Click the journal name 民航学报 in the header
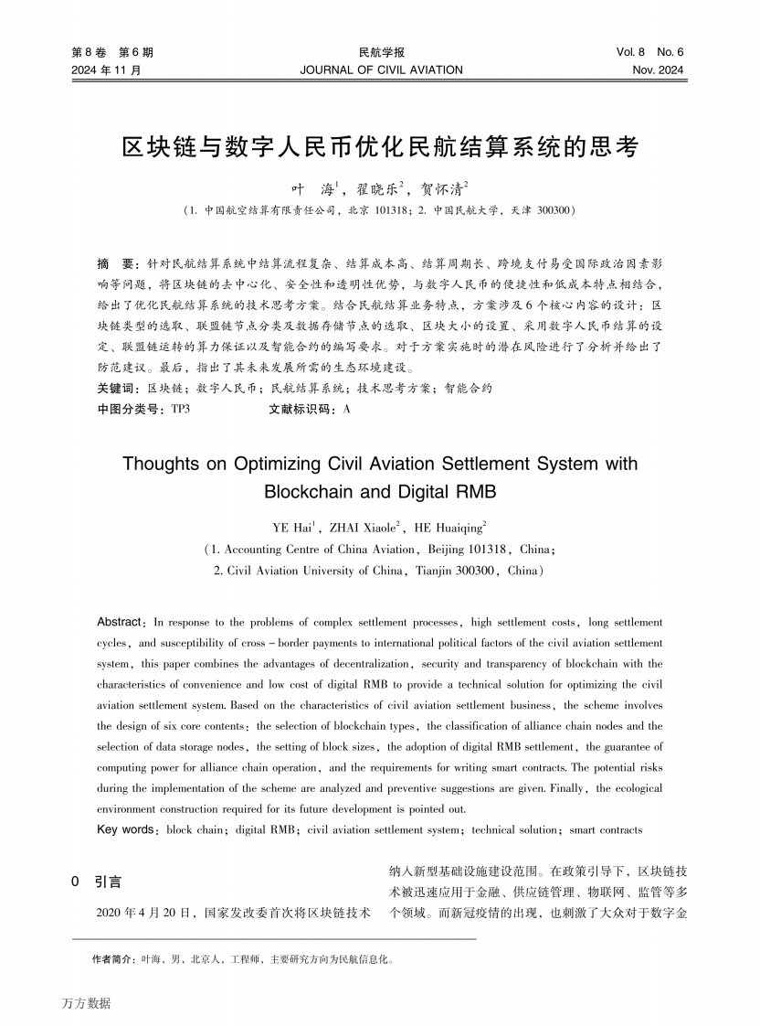tap(381, 53)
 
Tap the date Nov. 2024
tap(657, 69)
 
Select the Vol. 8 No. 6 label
tap(649, 53)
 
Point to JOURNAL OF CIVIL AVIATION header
tap(381, 69)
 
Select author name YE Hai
tap(292, 528)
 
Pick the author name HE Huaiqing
tap(449, 528)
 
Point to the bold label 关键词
tap(116, 388)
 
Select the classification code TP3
tap(180, 410)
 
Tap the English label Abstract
tap(120, 622)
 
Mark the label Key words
tap(126, 830)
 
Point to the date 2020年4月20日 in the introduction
tap(145, 913)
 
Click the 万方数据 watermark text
tap(87, 1003)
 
